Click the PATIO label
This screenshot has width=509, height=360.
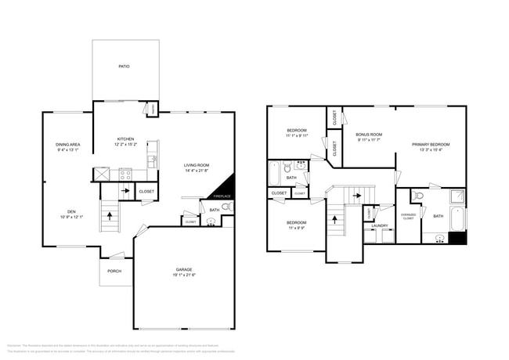click(x=124, y=67)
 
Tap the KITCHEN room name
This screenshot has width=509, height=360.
click(x=125, y=139)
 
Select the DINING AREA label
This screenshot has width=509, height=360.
click(x=68, y=145)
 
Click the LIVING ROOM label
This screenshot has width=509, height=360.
click(x=197, y=165)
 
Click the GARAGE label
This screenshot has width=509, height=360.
click(x=183, y=269)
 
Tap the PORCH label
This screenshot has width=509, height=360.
click(x=115, y=272)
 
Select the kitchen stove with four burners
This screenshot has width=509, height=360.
click(x=125, y=175)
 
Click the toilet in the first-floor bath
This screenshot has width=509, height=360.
click(x=226, y=207)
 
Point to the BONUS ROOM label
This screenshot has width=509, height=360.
click(x=369, y=135)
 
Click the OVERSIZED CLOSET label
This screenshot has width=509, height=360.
click(x=408, y=217)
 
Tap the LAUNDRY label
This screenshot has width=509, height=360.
click(x=380, y=226)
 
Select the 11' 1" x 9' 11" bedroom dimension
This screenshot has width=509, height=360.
click(x=296, y=135)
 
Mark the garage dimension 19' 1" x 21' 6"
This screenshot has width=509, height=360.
click(x=183, y=275)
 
